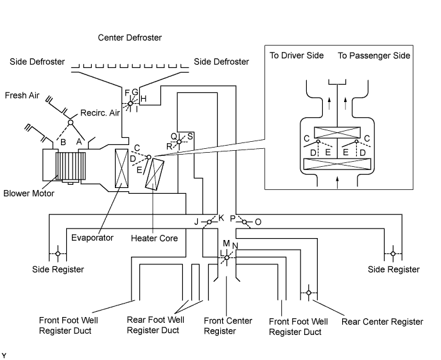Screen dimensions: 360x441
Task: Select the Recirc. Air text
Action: (x=99, y=113)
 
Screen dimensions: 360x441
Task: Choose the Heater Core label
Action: (x=154, y=237)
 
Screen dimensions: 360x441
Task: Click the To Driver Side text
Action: (x=296, y=56)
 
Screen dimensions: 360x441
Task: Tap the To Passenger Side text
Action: (x=374, y=56)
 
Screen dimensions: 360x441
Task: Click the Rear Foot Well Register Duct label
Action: (x=153, y=326)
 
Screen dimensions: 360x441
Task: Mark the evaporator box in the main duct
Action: (x=121, y=169)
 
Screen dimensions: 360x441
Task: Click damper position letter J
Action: (x=197, y=222)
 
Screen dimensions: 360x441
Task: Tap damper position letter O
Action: (x=258, y=222)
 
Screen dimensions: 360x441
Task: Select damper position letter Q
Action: (x=173, y=136)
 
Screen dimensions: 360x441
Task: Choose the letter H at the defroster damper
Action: (x=144, y=98)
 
